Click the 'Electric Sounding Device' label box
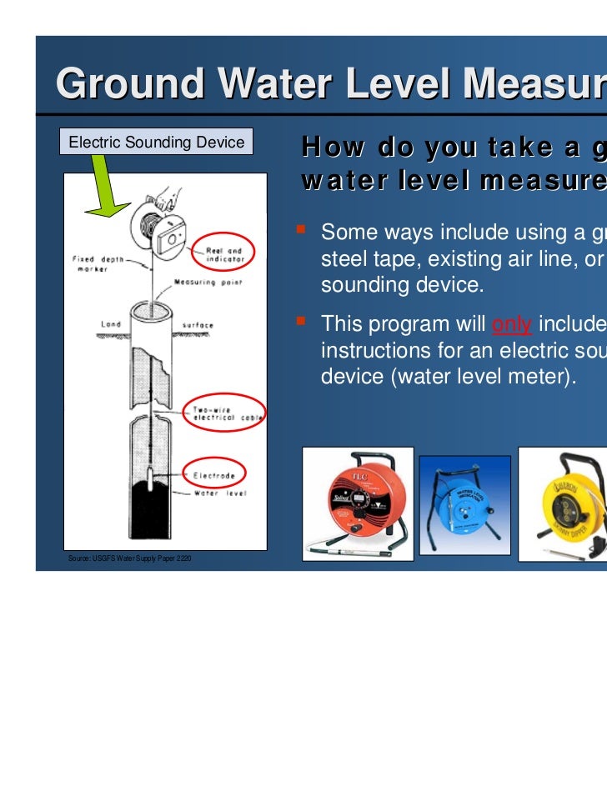coord(156,143)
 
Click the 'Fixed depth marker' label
coord(96,264)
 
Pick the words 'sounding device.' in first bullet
coord(401,285)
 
